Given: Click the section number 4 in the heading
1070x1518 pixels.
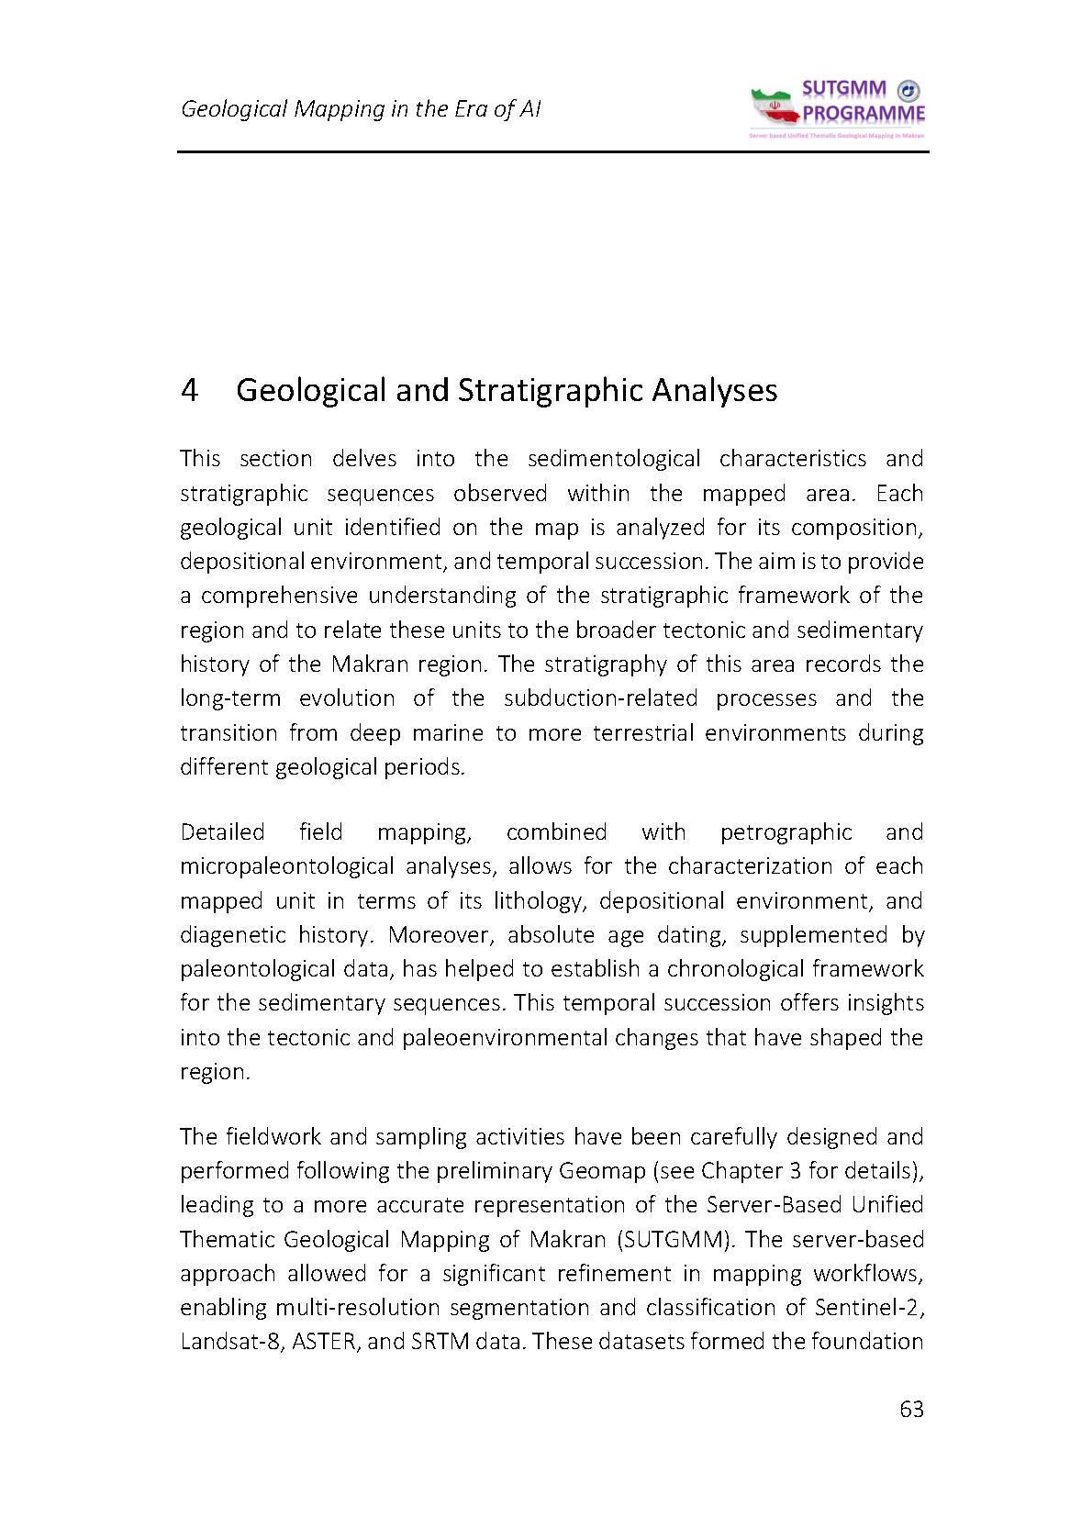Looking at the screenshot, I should pyautogui.click(x=189, y=390).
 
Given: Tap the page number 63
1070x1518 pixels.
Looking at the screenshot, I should pyautogui.click(x=911, y=1410).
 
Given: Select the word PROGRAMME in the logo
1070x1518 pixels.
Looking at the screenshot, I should pyautogui.click(x=864, y=114).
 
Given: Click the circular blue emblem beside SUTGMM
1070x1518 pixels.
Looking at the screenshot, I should pyautogui.click(x=908, y=90).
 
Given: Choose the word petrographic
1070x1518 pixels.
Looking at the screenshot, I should pyautogui.click(x=786, y=832).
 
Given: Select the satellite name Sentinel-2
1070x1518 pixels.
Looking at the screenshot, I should pyautogui.click(x=869, y=1308).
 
